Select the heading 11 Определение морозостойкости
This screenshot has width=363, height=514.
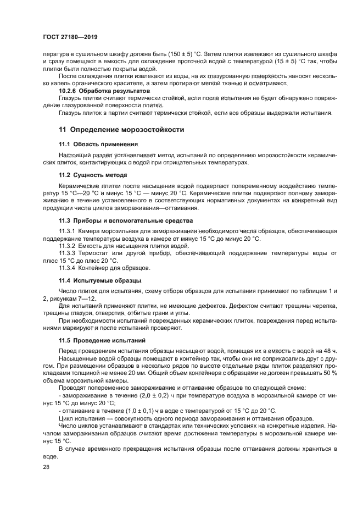click(x=121, y=130)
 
